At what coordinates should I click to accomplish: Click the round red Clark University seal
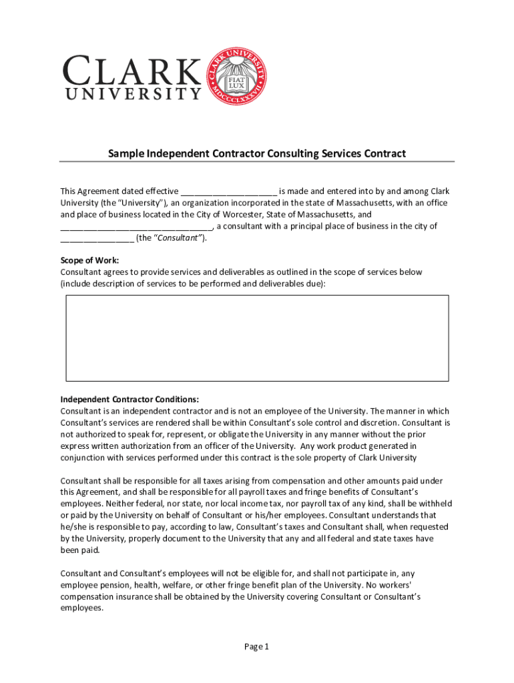pyautogui.click(x=237, y=75)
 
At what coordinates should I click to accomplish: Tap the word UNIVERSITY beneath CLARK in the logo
pyautogui.click(x=132, y=94)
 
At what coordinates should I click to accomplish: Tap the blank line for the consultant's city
pyautogui.click(x=97, y=238)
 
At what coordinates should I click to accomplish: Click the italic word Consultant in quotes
pyautogui.click(x=175, y=238)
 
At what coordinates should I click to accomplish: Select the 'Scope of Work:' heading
pyautogui.click(x=89, y=261)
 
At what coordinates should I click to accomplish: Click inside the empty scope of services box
pyautogui.click(x=257, y=338)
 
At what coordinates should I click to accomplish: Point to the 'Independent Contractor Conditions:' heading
pyautogui.click(x=130, y=400)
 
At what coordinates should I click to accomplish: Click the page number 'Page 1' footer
pyautogui.click(x=256, y=646)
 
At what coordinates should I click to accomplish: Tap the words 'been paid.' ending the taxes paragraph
pyautogui.click(x=80, y=550)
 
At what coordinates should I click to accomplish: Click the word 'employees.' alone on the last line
pyautogui.click(x=82, y=608)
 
